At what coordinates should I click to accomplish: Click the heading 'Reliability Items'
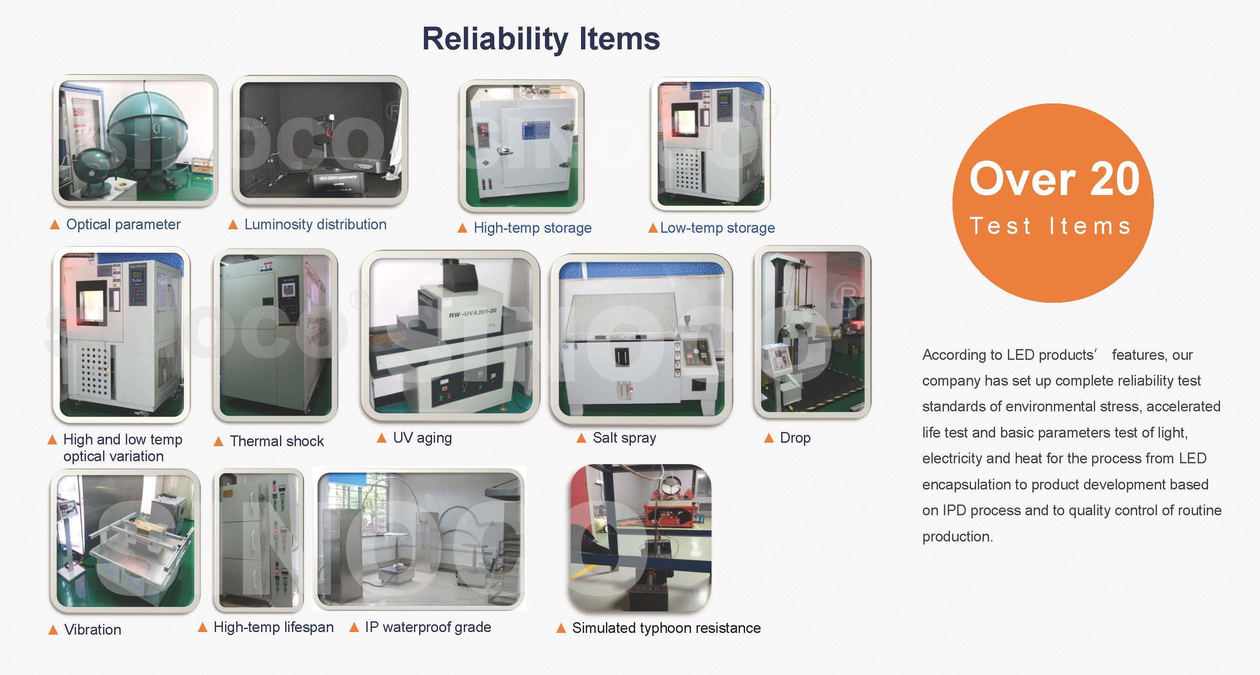tap(541, 39)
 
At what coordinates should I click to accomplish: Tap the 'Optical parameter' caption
tap(123, 225)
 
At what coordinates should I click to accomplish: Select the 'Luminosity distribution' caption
tap(316, 225)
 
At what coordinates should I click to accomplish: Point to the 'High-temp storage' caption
tap(533, 228)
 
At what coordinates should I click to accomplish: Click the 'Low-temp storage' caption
tap(718, 228)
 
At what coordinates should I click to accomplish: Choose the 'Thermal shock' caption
tap(277, 441)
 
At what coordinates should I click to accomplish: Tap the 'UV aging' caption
tap(423, 438)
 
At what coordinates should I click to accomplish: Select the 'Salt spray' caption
tap(624, 438)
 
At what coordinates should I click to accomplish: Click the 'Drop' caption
tap(795, 438)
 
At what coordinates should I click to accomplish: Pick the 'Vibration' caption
tap(93, 629)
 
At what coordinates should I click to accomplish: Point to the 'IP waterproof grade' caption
tap(428, 627)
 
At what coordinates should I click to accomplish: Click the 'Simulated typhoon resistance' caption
tap(667, 628)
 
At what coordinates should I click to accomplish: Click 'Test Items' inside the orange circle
tap(1051, 226)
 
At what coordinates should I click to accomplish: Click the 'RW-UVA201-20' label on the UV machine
tap(472, 313)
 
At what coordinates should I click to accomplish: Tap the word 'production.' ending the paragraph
tap(958, 537)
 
